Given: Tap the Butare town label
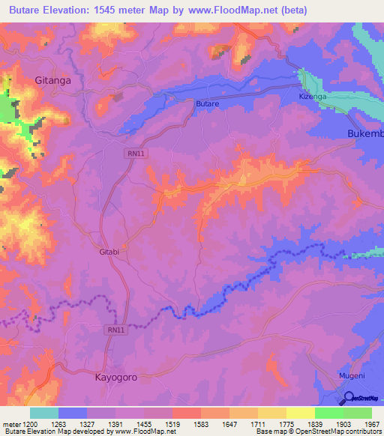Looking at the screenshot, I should [207, 103].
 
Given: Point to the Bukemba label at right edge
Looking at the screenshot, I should [365, 133].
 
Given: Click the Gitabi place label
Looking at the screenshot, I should [109, 252].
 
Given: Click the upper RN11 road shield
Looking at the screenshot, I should [132, 152].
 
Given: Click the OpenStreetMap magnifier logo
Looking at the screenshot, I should [348, 399].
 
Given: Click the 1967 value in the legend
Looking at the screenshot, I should [371, 424].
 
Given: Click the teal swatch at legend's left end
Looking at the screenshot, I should [44, 413].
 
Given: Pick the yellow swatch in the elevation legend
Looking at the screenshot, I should [300, 413].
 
